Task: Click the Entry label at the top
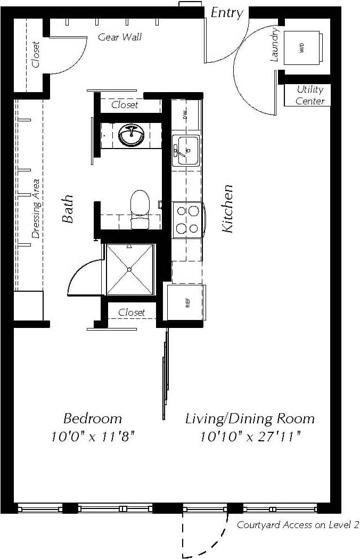click(227, 13)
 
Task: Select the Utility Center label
click(310, 95)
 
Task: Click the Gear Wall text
click(120, 37)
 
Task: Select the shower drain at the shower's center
click(129, 269)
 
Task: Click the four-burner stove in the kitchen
click(187, 219)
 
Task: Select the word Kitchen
click(227, 208)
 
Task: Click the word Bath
click(68, 209)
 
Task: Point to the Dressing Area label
click(36, 207)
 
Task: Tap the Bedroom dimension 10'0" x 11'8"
click(93, 437)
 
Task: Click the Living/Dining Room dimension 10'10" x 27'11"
click(250, 437)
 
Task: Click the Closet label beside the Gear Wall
click(36, 54)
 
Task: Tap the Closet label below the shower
click(132, 313)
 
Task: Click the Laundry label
click(275, 45)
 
